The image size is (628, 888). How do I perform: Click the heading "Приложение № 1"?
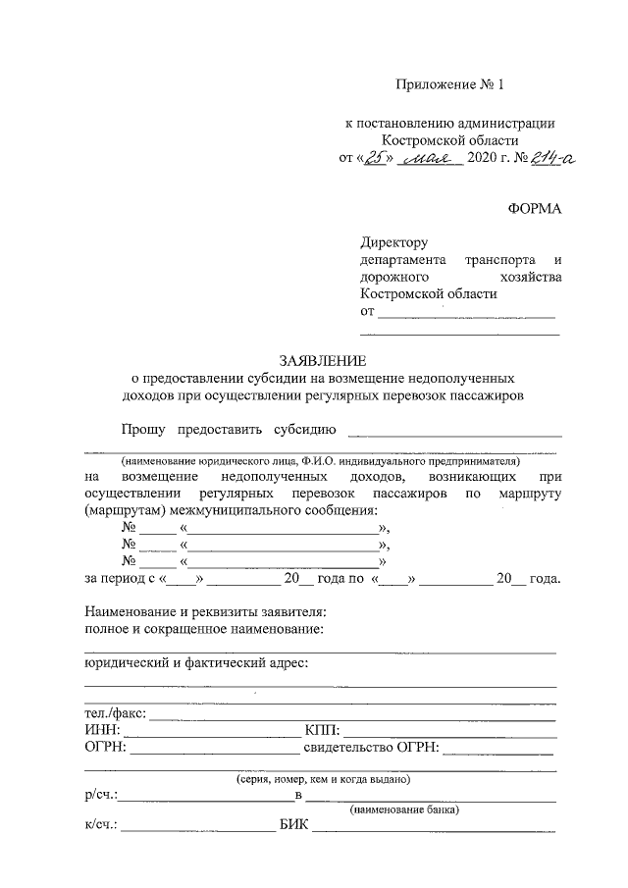pos(448,85)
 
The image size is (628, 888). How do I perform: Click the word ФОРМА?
pos(535,208)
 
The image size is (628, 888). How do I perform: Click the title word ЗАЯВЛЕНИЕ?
pos(322,360)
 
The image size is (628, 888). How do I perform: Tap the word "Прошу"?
pos(142,429)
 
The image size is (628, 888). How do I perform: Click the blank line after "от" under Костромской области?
pos(466,315)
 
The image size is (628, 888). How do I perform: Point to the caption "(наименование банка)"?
pos(404,810)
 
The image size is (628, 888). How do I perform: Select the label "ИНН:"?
pos(103,731)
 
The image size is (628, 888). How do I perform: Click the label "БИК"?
pos(293,826)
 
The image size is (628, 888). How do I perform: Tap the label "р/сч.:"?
pos(102,796)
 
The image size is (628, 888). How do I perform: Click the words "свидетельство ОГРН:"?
pos(371,749)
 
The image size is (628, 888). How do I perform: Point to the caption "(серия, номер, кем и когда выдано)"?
pos(322,779)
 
